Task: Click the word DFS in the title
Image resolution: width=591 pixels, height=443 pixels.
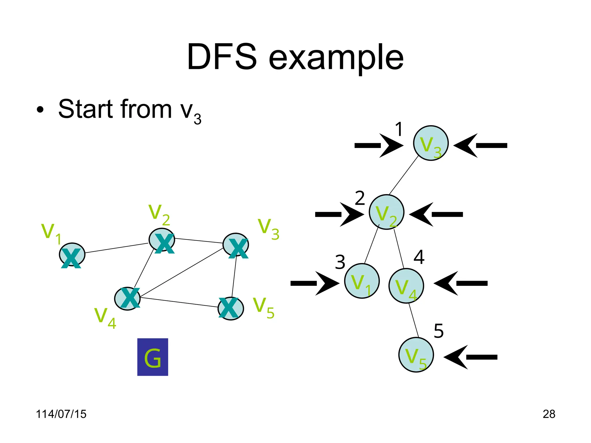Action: click(222, 57)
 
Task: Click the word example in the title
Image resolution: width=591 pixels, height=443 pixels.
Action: click(336, 59)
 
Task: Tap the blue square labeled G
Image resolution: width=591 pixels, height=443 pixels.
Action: click(153, 357)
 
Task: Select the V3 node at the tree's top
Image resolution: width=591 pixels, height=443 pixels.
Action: click(431, 143)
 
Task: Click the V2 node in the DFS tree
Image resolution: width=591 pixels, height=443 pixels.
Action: click(386, 212)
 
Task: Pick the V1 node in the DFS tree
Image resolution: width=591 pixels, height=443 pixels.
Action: click(362, 281)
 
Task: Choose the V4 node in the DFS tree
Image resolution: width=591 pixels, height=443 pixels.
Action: click(406, 286)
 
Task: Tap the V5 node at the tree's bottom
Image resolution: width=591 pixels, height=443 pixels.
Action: click(416, 355)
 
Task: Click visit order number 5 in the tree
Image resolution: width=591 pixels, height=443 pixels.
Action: click(438, 331)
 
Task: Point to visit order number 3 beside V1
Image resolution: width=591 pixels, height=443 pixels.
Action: click(340, 262)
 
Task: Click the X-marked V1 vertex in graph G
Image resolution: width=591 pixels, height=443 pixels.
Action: click(72, 255)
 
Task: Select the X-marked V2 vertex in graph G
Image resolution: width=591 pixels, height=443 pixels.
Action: click(162, 240)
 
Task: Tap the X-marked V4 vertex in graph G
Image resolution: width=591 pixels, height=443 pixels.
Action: click(127, 299)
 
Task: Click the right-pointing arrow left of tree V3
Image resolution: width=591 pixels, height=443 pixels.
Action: click(379, 145)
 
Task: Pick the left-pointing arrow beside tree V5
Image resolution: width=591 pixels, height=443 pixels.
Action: click(471, 357)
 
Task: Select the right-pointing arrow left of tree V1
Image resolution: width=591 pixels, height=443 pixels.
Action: click(315, 283)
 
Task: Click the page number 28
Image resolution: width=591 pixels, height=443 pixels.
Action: click(549, 414)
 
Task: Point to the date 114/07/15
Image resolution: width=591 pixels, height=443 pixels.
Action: click(61, 414)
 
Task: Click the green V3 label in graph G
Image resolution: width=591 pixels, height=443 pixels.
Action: click(268, 229)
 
